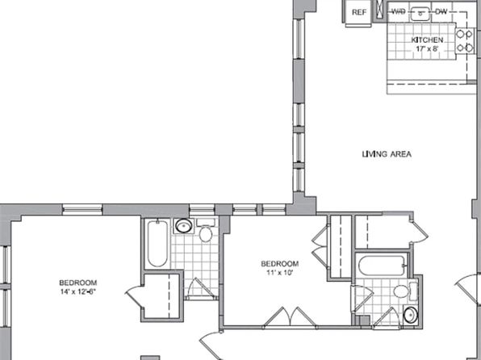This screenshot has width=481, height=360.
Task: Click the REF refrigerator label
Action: [x=359, y=12]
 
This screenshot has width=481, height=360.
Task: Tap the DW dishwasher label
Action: [x=441, y=12]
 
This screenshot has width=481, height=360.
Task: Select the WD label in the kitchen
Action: [x=399, y=11]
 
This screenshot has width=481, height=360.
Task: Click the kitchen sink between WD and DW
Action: [x=420, y=13]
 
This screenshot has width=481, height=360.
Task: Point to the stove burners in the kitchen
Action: [x=464, y=41]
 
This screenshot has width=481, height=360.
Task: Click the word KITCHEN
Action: [x=427, y=40]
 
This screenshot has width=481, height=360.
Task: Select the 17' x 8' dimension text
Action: [x=427, y=48]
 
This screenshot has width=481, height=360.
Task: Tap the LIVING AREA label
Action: [x=387, y=154]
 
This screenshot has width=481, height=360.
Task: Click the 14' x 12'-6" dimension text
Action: [x=78, y=291]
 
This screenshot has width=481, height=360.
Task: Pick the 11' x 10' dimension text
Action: [x=279, y=272]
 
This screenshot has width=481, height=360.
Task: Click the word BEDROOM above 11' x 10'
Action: [x=280, y=264]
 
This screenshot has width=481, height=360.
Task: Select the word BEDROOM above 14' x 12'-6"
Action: [x=78, y=283]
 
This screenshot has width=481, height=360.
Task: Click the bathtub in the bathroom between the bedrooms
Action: [x=157, y=243]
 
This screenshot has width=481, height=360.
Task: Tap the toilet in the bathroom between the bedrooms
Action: [x=206, y=231]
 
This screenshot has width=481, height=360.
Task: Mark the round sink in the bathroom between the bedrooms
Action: [x=183, y=226]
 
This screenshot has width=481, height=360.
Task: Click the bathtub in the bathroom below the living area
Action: [x=383, y=266]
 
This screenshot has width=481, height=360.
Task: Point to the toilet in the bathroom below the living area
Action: [x=405, y=291]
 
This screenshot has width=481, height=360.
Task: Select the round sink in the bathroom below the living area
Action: [x=411, y=315]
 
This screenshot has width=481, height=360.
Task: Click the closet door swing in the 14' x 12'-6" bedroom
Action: [x=135, y=296]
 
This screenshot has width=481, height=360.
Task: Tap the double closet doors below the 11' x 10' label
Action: [x=290, y=316]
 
